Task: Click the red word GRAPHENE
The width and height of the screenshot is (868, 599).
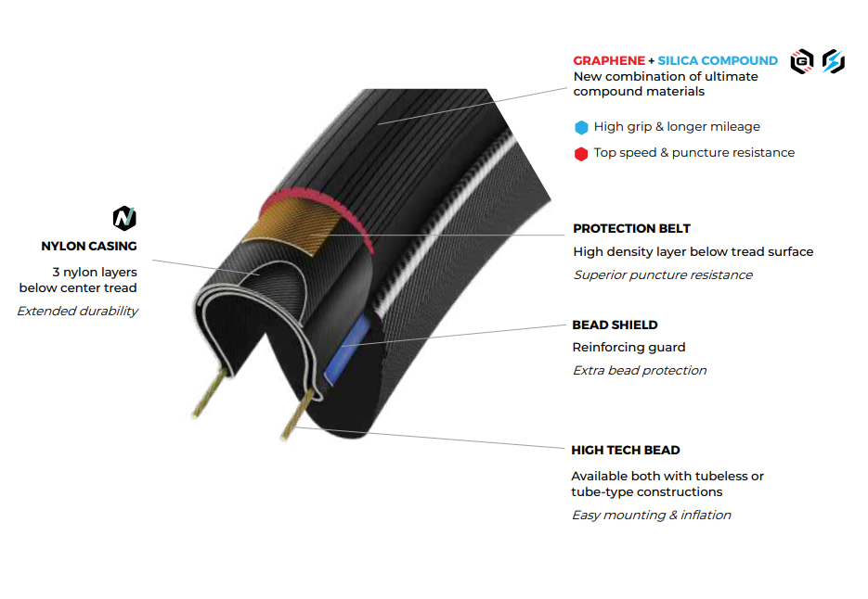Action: [x=608, y=60]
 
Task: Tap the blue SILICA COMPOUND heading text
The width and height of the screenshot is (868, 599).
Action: [x=718, y=60]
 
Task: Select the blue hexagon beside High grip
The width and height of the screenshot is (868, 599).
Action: [x=581, y=127]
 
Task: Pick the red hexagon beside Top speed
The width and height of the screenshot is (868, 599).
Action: [x=581, y=153]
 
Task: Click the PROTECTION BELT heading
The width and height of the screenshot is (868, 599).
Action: [x=631, y=228]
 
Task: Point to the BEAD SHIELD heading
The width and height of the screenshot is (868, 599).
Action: [x=615, y=325]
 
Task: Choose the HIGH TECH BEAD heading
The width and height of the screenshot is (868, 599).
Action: [x=625, y=450]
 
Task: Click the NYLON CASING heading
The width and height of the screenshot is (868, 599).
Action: [x=89, y=246]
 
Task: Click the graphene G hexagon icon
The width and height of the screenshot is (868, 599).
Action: [x=801, y=61]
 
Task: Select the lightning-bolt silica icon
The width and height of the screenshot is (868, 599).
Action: [x=833, y=61]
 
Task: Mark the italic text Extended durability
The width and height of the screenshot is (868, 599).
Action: [x=77, y=311]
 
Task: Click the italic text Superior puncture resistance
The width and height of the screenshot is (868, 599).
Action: [x=662, y=274]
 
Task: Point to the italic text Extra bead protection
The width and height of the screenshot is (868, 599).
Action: [x=639, y=370]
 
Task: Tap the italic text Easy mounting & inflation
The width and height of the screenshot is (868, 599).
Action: [x=651, y=515]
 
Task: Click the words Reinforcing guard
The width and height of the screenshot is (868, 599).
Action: [x=628, y=347]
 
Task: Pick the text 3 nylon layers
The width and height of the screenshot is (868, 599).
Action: [x=95, y=272]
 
